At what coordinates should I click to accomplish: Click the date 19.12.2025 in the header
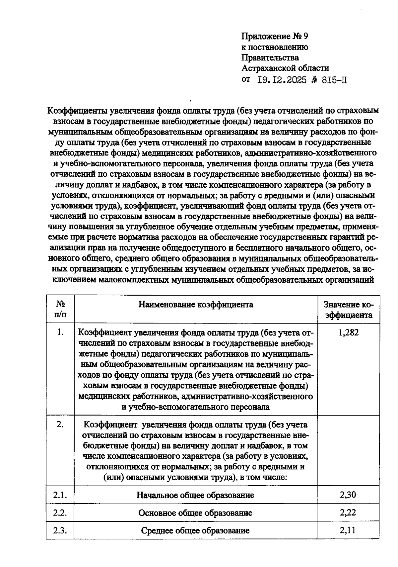(282, 80)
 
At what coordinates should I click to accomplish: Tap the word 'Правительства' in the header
(270, 58)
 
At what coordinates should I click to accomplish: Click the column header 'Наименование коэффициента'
(196, 305)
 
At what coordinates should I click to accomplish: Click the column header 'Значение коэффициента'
(348, 310)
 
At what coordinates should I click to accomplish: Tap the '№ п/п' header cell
(60, 310)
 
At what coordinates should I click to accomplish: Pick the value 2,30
(348, 495)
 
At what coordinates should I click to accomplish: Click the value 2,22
(348, 513)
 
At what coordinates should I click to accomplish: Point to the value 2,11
(348, 530)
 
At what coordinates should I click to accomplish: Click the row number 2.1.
(60, 495)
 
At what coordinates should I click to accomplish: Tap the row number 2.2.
(60, 513)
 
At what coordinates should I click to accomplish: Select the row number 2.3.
(60, 530)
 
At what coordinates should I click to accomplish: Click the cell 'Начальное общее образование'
(195, 495)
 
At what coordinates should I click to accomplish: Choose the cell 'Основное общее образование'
(195, 513)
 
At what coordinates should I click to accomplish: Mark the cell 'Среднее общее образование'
(195, 530)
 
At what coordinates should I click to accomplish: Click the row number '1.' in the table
(60, 332)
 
